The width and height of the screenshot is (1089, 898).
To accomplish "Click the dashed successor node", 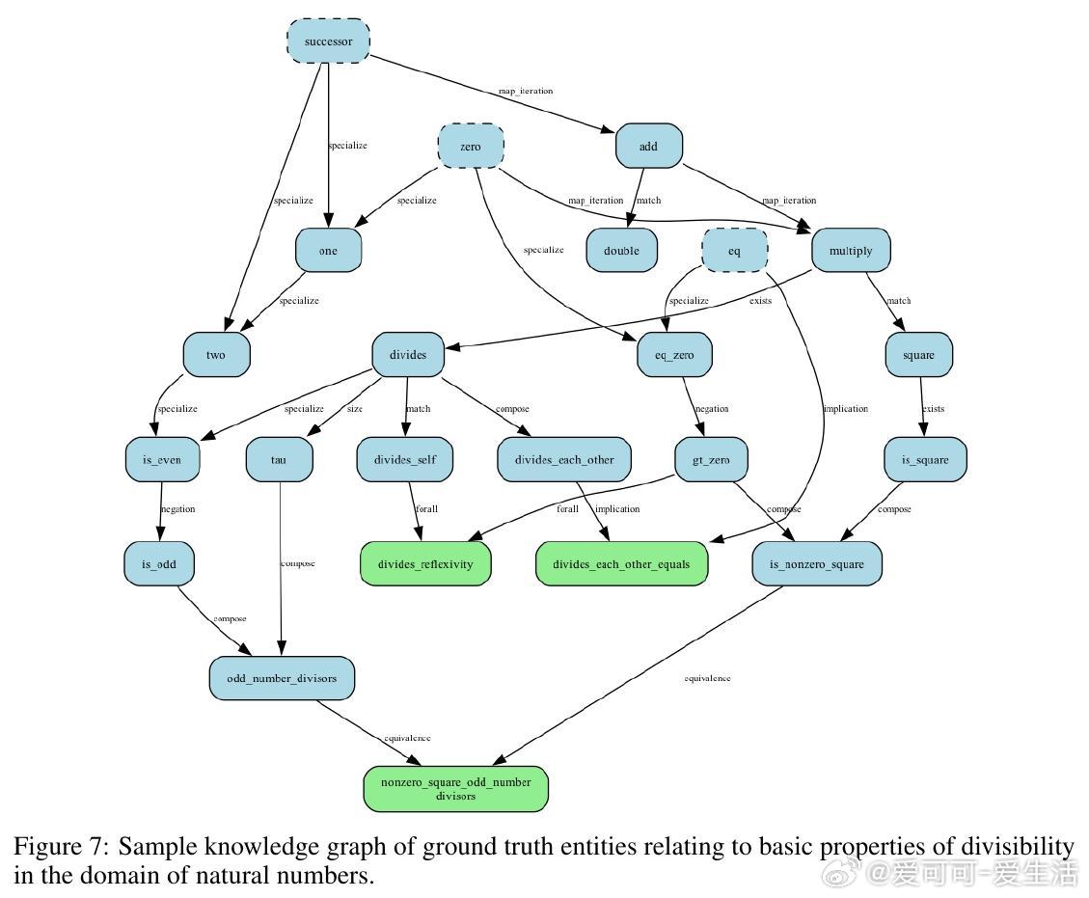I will [328, 41].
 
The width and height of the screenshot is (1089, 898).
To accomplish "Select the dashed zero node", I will [471, 147].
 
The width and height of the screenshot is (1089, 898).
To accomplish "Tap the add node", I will [648, 147].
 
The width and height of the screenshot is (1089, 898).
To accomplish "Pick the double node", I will [621, 251].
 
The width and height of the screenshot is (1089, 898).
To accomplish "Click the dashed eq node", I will [735, 251].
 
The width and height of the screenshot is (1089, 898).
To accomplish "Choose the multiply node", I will [851, 251].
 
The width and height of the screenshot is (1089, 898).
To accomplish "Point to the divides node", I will [408, 355].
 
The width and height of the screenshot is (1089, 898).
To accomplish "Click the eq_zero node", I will [667, 355].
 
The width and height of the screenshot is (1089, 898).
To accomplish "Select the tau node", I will [279, 460].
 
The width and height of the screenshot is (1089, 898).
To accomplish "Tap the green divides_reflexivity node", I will [425, 564].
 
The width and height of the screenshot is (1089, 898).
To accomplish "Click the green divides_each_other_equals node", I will [621, 564].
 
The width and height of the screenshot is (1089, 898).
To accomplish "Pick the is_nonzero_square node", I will [816, 564].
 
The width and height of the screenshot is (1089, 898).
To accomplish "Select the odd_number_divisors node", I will [282, 678].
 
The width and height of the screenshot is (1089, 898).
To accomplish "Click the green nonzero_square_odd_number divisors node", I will [455, 789].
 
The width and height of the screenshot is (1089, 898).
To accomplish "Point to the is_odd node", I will [159, 564].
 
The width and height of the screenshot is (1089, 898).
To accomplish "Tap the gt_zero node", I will [711, 460].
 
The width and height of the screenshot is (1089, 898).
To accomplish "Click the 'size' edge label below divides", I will [355, 409].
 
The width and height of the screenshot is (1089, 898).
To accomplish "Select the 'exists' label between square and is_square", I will [933, 409].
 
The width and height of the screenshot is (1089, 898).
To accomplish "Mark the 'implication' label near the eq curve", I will [845, 409].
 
